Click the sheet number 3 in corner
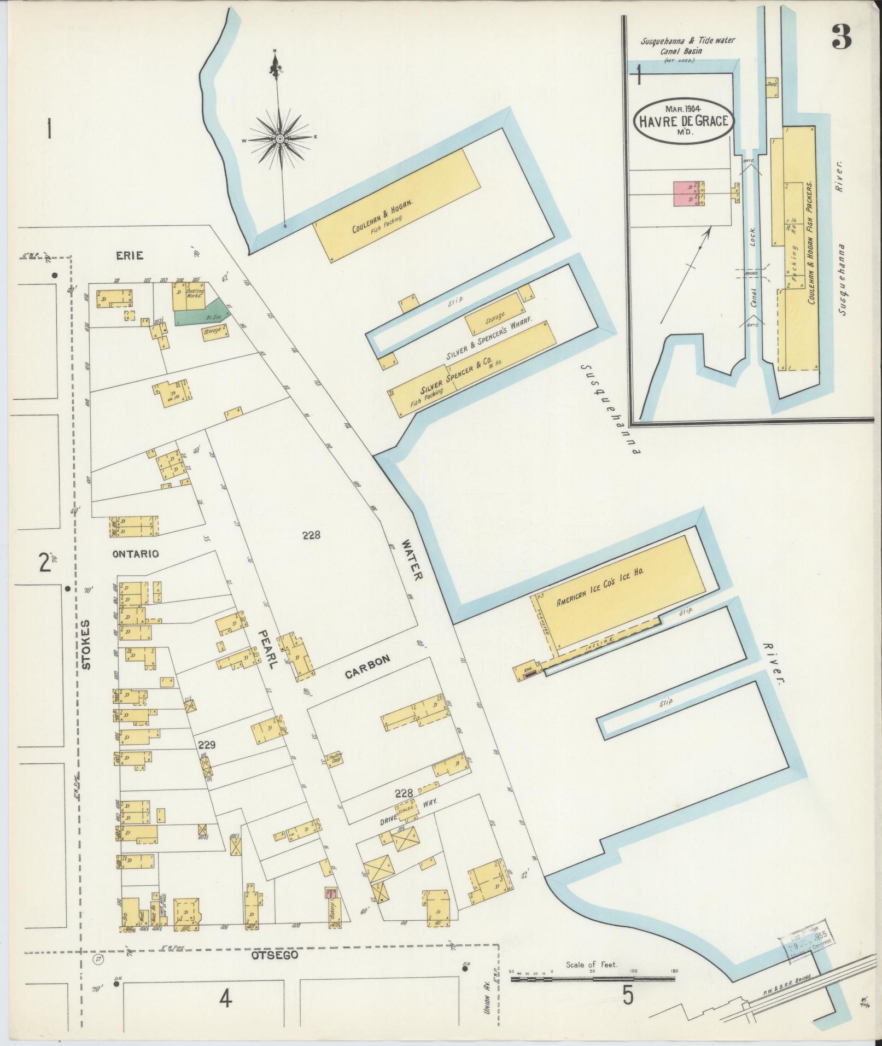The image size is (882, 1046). point(842,37)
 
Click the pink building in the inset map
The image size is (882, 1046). point(683,193)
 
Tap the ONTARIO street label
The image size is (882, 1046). point(136,554)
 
